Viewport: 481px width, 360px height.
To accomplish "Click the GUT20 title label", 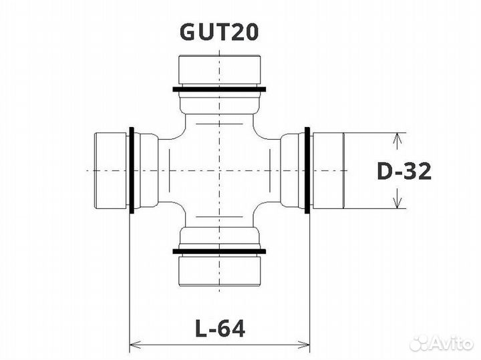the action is pyautogui.click(x=219, y=32).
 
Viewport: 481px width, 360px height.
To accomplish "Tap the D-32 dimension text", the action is pyautogui.click(x=404, y=171).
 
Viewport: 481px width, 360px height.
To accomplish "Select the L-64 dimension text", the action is pyautogui.click(x=220, y=329).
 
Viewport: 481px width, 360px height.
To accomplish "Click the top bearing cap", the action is pyautogui.click(x=220, y=70).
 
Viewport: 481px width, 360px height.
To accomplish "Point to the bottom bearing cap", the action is pyautogui.click(x=220, y=271).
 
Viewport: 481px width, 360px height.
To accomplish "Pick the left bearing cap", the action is pyautogui.click(x=110, y=170).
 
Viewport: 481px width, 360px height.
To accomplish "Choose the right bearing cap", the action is pyautogui.click(x=328, y=170).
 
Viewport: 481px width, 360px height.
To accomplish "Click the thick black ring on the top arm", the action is pyautogui.click(x=219, y=89).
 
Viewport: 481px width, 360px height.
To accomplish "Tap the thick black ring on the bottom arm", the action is pyautogui.click(x=219, y=251).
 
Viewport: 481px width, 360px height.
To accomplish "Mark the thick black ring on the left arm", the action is pyautogui.click(x=132, y=170).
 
